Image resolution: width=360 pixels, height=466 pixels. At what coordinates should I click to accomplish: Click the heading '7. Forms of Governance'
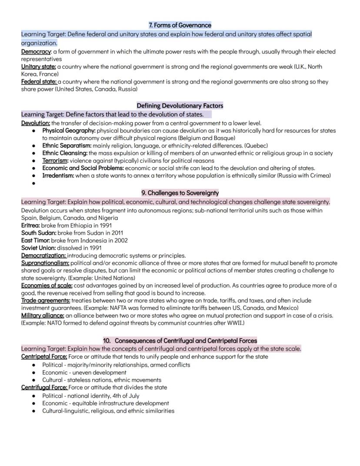(180, 25)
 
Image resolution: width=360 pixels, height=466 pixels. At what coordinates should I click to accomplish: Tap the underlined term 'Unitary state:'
(38, 67)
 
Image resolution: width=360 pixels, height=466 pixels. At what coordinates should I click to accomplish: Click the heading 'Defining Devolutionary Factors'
(180, 106)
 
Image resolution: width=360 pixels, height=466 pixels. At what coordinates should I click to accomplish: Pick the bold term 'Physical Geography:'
(69, 130)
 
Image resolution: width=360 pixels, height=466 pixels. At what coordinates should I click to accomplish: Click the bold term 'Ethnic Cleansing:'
(65, 153)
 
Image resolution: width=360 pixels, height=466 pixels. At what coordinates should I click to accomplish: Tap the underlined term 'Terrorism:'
(55, 161)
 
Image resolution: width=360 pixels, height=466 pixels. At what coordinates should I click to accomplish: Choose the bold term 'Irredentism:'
(58, 176)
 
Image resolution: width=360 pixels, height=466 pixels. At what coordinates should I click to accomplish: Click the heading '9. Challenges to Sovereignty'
(180, 193)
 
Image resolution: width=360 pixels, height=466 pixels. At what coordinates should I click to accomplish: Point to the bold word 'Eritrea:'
(30, 225)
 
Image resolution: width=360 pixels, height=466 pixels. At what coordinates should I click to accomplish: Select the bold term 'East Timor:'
(36, 240)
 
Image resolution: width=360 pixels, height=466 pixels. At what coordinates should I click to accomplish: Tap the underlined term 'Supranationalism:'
(45, 263)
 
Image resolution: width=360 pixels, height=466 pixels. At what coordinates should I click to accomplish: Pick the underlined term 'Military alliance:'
(43, 315)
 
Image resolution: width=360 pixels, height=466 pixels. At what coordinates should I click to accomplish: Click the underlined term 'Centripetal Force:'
(44, 357)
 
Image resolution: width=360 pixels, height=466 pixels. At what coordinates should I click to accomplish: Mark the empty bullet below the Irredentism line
(34, 184)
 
